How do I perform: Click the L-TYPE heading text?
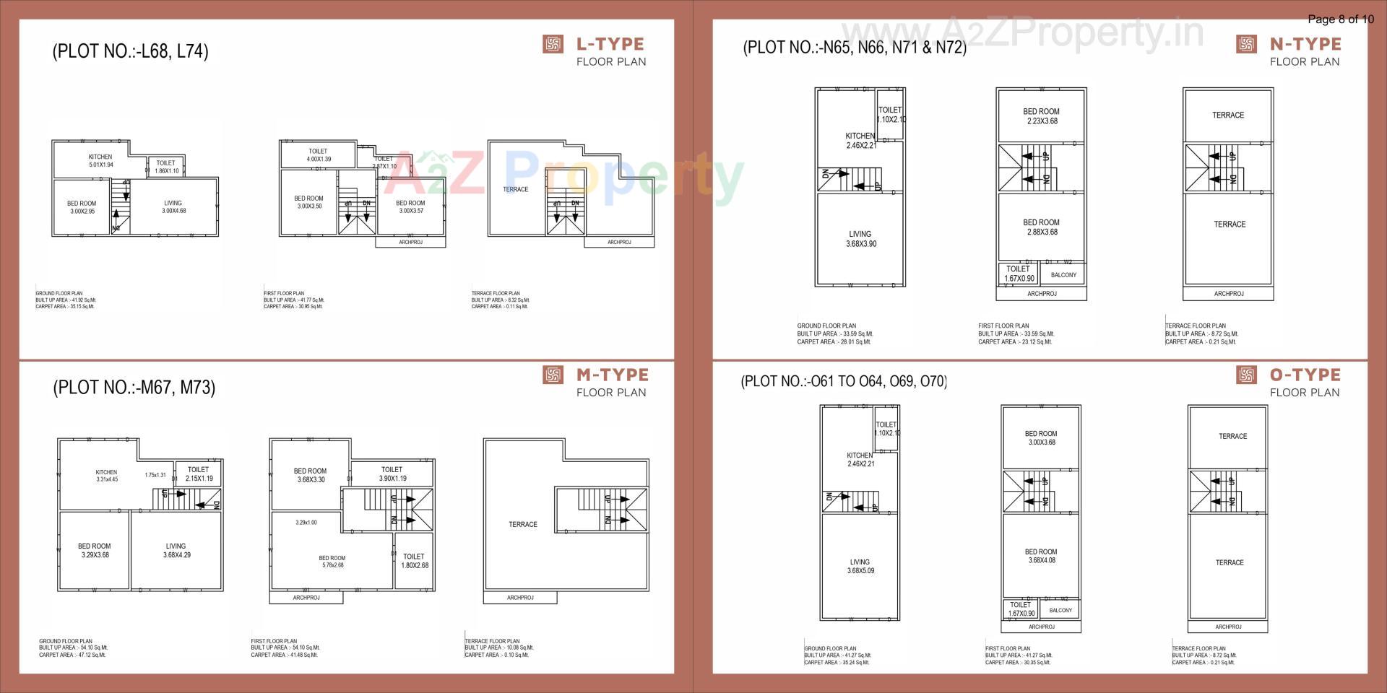[610, 44]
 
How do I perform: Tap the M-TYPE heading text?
[612, 375]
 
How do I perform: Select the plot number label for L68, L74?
[130, 51]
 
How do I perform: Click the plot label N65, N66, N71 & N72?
[855, 48]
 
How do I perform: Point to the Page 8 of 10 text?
[1340, 19]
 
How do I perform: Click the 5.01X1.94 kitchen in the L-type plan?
[100, 161]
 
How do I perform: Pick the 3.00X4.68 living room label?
[173, 207]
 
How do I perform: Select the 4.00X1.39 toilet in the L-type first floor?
[318, 155]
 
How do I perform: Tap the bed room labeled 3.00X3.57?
[410, 207]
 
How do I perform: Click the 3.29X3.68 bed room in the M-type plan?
[95, 551]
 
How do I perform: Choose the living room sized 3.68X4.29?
[176, 551]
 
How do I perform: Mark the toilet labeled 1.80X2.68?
[414, 561]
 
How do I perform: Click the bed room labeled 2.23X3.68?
[1041, 116]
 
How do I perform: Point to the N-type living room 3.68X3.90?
[860, 239]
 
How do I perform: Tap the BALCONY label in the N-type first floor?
[1063, 275]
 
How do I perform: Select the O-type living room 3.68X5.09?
[860, 566]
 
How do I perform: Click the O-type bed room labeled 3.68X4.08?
[1041, 556]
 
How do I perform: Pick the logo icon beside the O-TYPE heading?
[1246, 375]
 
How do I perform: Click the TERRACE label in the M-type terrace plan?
[523, 525]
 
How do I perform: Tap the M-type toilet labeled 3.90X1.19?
[392, 474]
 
